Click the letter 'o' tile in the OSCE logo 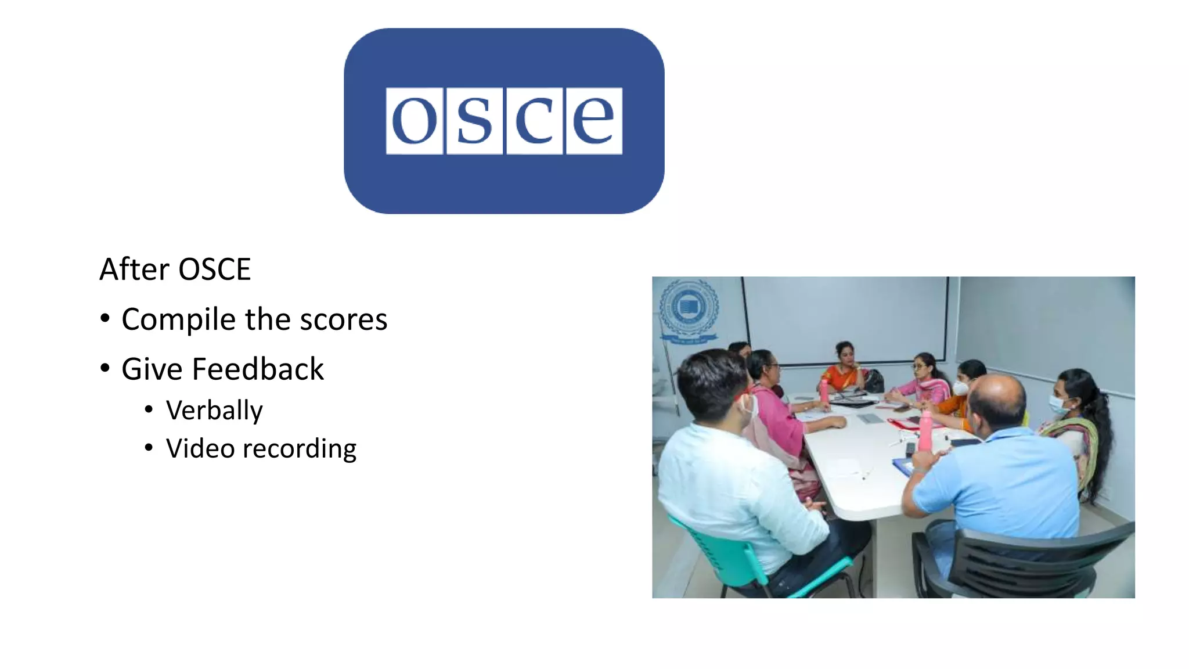[x=415, y=121]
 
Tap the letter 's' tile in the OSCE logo [x=475, y=121]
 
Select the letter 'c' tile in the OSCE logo [x=534, y=121]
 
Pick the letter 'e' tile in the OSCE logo [x=593, y=121]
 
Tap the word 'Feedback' [x=258, y=369]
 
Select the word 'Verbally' [x=214, y=411]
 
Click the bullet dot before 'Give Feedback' [x=105, y=368]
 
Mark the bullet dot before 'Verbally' [x=149, y=410]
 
